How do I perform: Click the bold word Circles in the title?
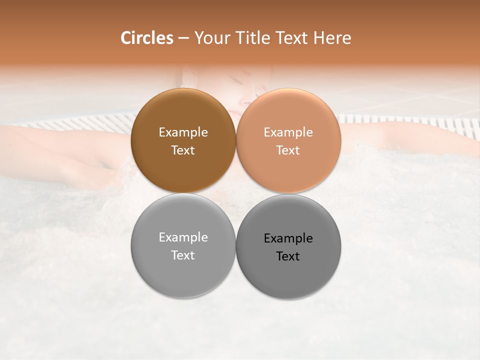pyautogui.click(x=146, y=38)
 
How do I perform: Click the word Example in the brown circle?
pyautogui.click(x=183, y=132)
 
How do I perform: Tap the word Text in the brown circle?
pyautogui.click(x=183, y=150)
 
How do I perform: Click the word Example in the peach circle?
pyautogui.click(x=288, y=132)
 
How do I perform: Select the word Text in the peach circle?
pyautogui.click(x=288, y=150)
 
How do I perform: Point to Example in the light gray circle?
pyautogui.click(x=183, y=237)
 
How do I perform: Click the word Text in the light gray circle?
pyautogui.click(x=183, y=255)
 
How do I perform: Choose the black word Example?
pyautogui.click(x=288, y=238)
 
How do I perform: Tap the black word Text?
pyautogui.click(x=288, y=256)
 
